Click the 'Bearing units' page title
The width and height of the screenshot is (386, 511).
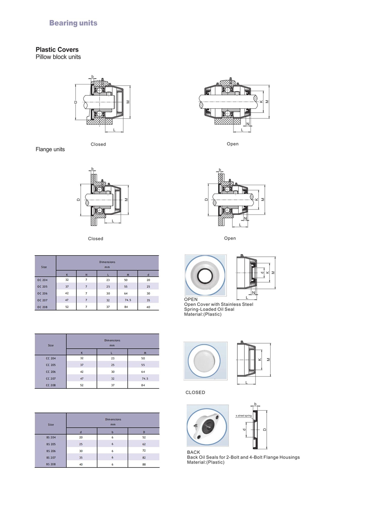click(x=73, y=23)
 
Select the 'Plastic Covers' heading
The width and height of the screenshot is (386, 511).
click(x=57, y=50)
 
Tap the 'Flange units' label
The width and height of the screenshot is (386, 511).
click(x=50, y=149)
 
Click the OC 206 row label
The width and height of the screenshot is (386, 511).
click(x=42, y=293)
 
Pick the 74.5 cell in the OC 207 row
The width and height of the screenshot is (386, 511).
click(x=128, y=300)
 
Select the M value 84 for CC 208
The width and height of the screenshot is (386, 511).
click(x=143, y=385)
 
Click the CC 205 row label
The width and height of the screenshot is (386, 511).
click(x=51, y=365)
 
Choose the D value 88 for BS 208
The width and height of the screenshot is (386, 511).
click(x=144, y=464)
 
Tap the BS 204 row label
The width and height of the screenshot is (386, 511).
click(x=51, y=437)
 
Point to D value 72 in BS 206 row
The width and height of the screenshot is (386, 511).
click(x=144, y=450)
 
